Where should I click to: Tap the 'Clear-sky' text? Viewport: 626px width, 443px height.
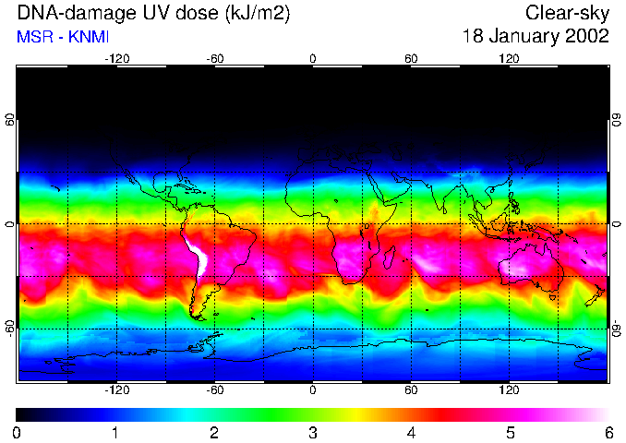pos(567,14)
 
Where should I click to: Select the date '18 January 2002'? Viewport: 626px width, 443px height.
pos(536,37)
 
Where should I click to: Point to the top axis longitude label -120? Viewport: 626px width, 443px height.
pos(116,58)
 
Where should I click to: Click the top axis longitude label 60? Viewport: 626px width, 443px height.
pos(411,58)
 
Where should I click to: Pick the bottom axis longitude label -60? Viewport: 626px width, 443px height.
pos(215,389)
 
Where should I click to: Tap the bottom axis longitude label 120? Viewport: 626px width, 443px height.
pos(509,389)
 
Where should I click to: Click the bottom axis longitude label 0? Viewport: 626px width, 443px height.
pos(313,389)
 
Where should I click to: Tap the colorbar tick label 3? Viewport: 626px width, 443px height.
pos(313,432)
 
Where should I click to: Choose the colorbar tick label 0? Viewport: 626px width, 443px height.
pos(18,432)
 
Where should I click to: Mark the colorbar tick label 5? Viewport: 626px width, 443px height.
pos(510,432)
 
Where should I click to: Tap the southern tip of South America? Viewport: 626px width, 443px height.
pos(198,317)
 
